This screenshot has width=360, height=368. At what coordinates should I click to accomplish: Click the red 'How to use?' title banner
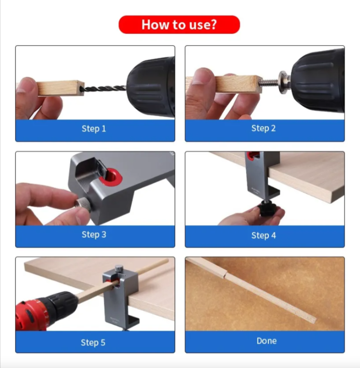[x=179, y=25]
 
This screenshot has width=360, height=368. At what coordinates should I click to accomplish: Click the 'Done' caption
[x=266, y=341]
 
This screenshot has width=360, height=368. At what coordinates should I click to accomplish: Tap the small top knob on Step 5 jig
[x=118, y=268]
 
